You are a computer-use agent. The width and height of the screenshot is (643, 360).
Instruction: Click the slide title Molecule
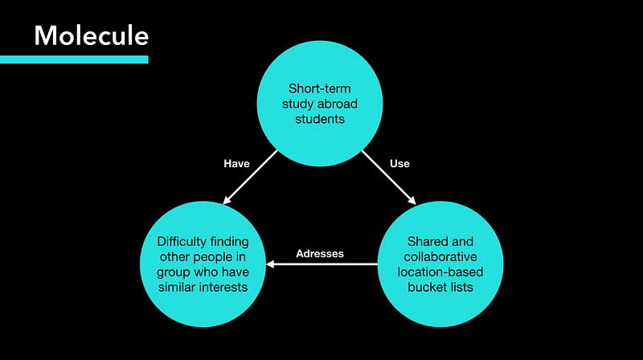tap(91, 35)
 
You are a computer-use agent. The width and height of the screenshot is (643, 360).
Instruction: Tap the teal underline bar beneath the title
tap(74, 59)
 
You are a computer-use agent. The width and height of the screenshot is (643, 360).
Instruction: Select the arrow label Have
tap(236, 163)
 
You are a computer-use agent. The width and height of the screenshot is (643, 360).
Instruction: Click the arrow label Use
tap(399, 163)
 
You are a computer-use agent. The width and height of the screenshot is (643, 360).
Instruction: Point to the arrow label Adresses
tap(319, 253)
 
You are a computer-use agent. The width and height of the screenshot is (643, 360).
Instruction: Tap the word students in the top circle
tap(319, 121)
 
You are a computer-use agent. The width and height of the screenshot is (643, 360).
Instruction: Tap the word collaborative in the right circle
tap(440, 257)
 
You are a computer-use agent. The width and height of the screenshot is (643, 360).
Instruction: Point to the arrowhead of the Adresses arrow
tap(270, 264)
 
